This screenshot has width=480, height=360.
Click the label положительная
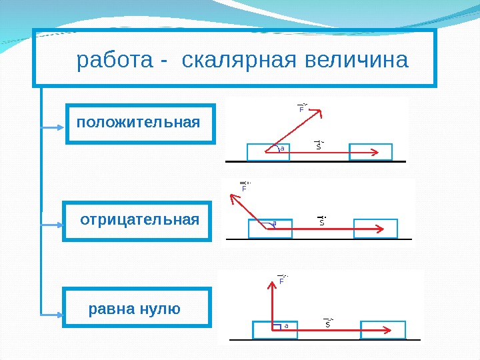(x=138, y=123)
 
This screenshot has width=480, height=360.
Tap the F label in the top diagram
(x=301, y=109)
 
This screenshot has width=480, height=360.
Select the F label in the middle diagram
(x=244, y=189)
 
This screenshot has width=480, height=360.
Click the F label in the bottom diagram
(x=281, y=281)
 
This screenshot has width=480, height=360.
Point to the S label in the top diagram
(x=319, y=146)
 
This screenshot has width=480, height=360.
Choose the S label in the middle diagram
(x=321, y=222)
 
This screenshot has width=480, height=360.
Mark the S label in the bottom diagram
(x=328, y=325)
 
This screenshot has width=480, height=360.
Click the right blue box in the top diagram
(x=371, y=152)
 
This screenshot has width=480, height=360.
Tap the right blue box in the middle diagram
(x=375, y=228)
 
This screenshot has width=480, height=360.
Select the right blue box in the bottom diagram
(x=383, y=329)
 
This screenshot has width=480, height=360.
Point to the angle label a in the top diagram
(x=282, y=149)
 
